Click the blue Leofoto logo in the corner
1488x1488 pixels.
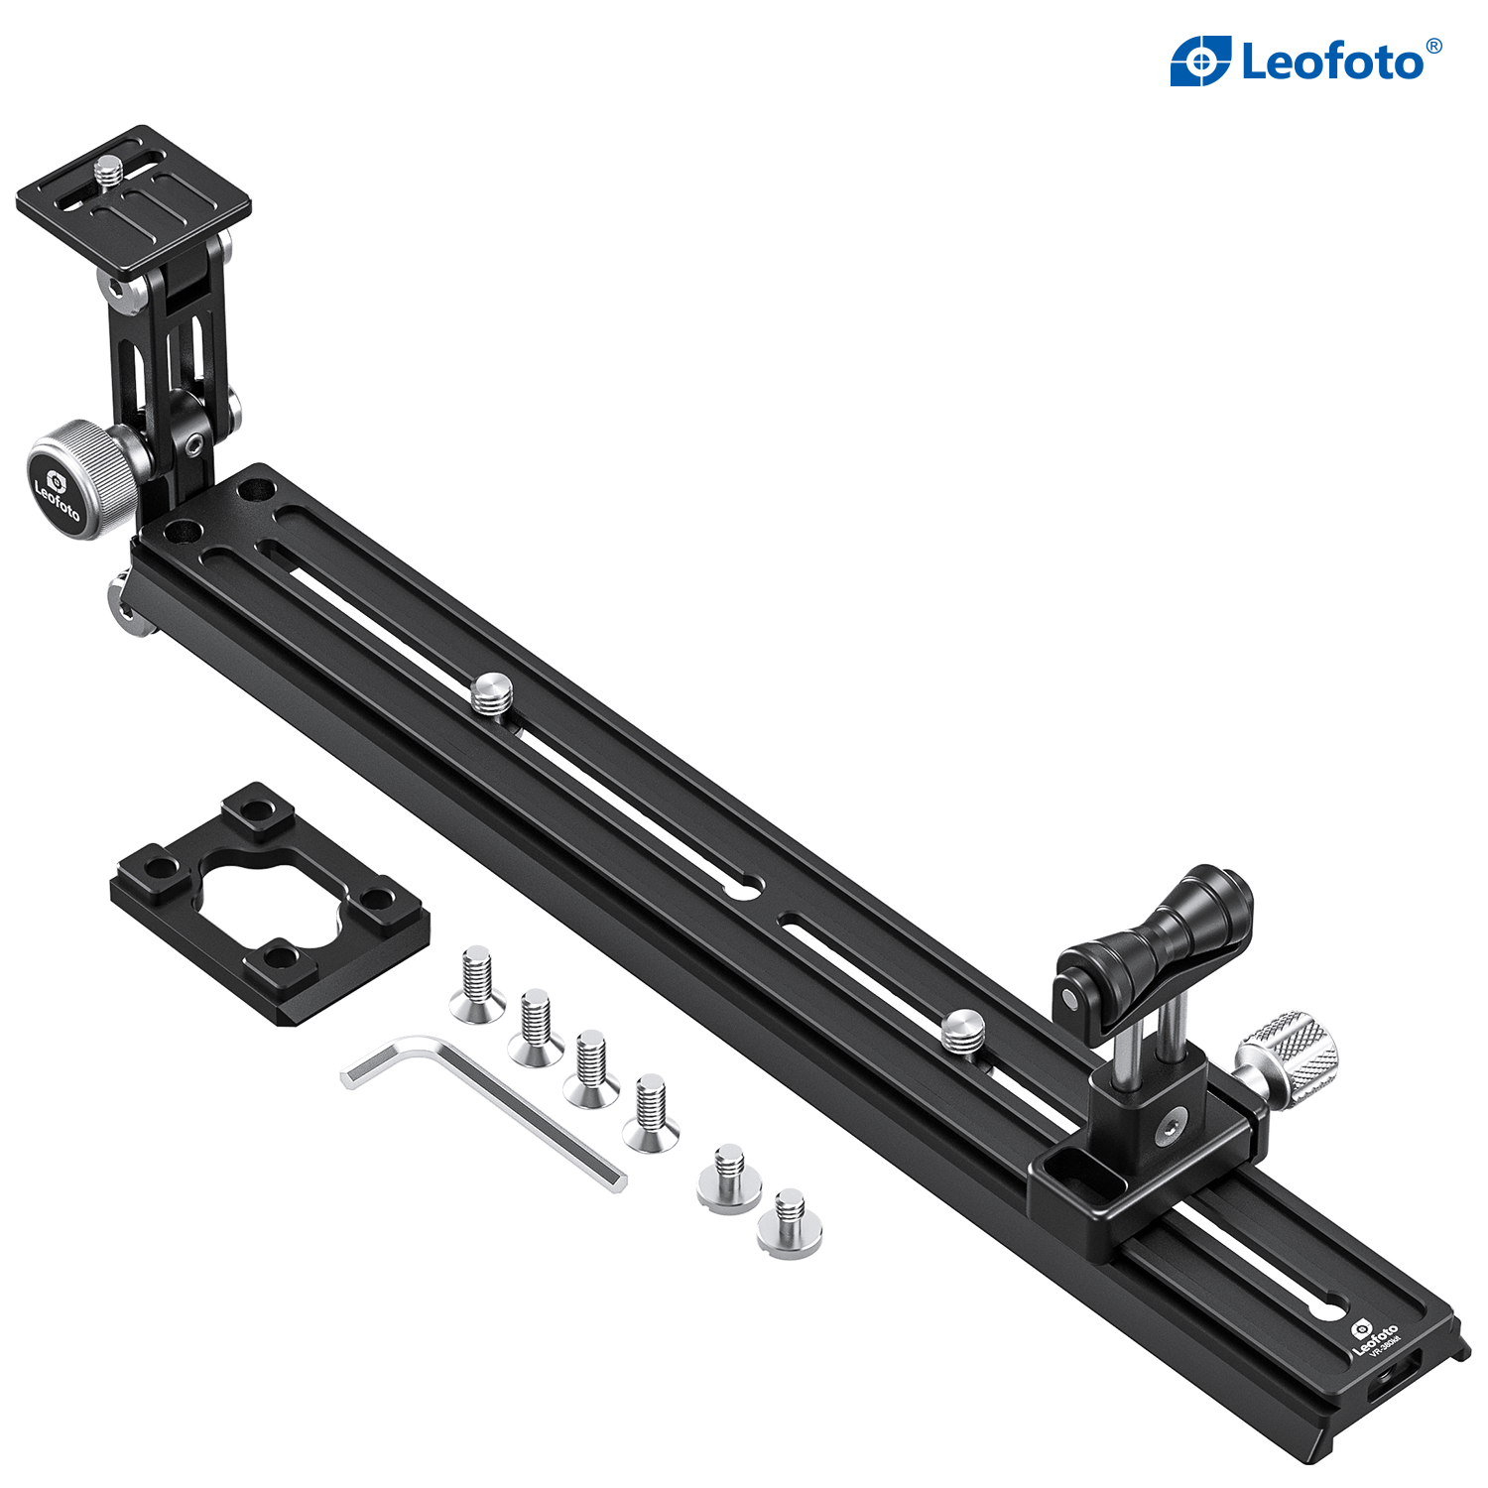1304,62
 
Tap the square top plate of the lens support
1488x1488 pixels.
134,198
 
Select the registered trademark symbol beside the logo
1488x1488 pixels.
1431,45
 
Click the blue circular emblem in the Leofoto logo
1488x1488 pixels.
1202,62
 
